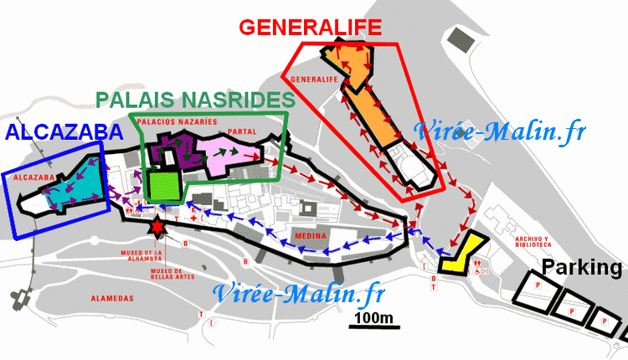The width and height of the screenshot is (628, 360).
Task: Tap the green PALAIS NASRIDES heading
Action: [x=196, y=100]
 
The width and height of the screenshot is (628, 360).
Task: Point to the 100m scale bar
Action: [x=373, y=321]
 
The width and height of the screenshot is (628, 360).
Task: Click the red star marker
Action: [x=157, y=226]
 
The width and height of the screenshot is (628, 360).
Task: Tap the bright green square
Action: [x=162, y=185]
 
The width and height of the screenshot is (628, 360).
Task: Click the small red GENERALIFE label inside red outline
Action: [x=315, y=80]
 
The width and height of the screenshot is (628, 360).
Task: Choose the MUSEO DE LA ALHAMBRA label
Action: [x=140, y=255]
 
